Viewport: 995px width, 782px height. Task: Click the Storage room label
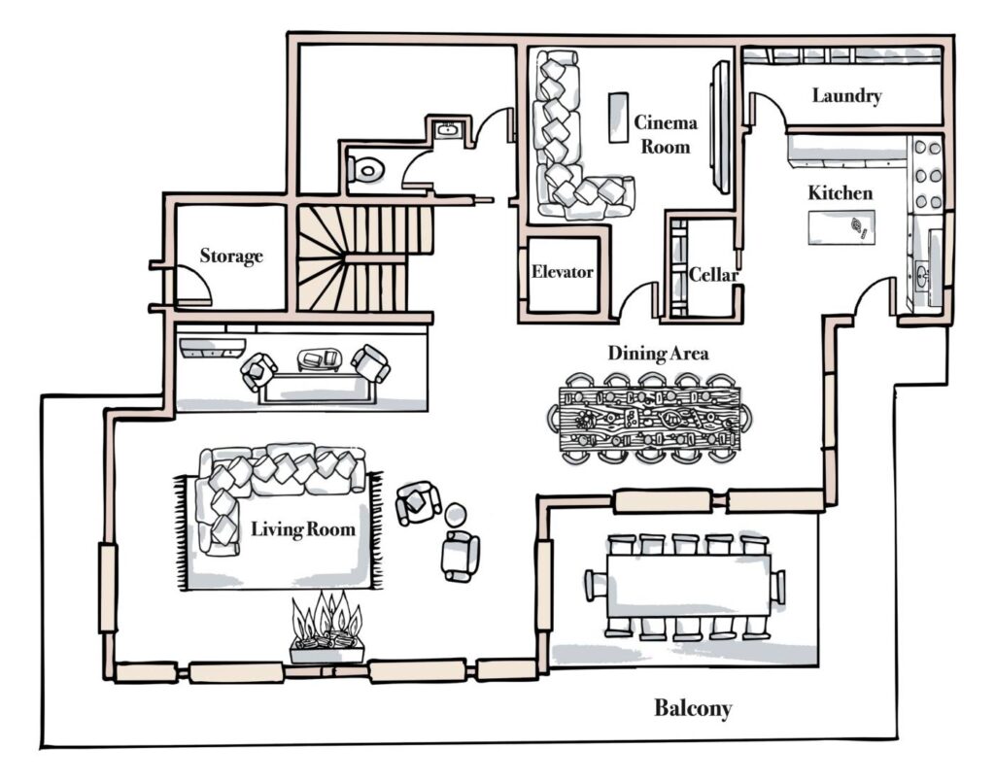(x=231, y=256)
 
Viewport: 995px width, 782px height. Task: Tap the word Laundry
(x=846, y=96)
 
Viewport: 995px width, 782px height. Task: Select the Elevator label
(x=562, y=272)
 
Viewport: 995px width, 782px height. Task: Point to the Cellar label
(x=714, y=275)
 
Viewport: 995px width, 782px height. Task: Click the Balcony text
(x=692, y=708)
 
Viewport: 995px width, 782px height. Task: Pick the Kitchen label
(x=841, y=193)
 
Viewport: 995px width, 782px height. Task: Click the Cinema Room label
(x=666, y=134)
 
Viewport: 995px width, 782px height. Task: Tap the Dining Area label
(x=658, y=353)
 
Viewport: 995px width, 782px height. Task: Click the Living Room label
(x=302, y=529)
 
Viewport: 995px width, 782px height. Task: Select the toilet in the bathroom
(x=368, y=171)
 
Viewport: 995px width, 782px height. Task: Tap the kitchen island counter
(x=841, y=228)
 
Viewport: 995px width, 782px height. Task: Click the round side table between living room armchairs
(x=455, y=514)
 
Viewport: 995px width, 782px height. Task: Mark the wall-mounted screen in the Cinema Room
(x=720, y=126)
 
